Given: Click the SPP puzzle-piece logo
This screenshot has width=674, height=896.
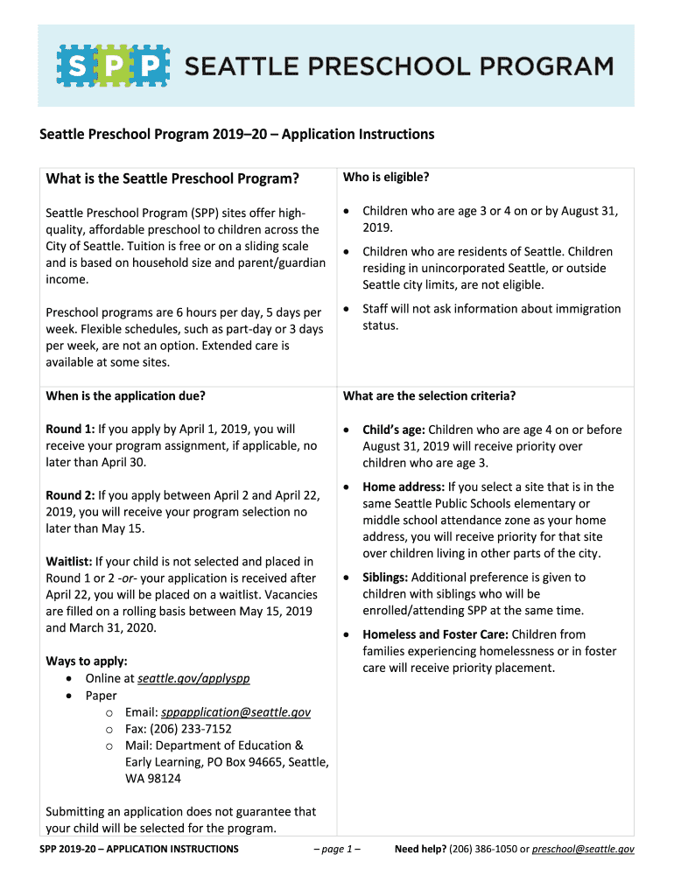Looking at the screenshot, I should pos(113,66).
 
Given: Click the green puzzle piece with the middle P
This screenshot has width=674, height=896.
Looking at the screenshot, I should pos(113,66).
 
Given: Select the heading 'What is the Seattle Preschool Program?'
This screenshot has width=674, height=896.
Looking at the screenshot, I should pos(172,178).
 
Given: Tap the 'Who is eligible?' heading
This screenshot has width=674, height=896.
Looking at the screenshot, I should pos(386,178).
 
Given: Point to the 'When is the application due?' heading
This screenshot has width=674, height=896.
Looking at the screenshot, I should pos(125,395).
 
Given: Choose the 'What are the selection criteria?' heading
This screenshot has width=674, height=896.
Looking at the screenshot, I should pos(429,395).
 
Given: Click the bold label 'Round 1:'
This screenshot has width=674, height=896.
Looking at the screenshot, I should pos(69,430).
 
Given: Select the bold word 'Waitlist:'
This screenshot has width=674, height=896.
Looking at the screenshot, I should pos(68,562).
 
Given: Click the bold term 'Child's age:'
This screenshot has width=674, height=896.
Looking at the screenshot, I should pos(393,430).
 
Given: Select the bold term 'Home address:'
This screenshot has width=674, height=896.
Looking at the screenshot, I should pos(403,487).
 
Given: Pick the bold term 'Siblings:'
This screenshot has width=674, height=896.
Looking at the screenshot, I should pos(385,577).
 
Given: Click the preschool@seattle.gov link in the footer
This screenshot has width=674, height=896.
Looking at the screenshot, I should pos(583,849).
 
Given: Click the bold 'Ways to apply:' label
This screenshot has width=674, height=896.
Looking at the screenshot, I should pos(87,661).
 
